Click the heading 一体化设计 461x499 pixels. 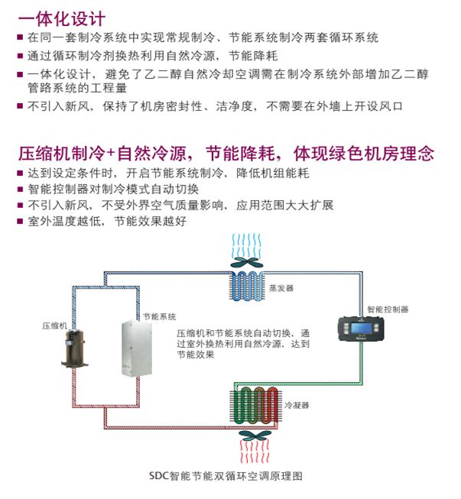[x=62, y=18]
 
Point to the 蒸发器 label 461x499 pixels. [x=281, y=288]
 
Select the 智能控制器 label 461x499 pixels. [x=388, y=309]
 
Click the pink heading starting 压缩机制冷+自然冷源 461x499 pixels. [x=226, y=153]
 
